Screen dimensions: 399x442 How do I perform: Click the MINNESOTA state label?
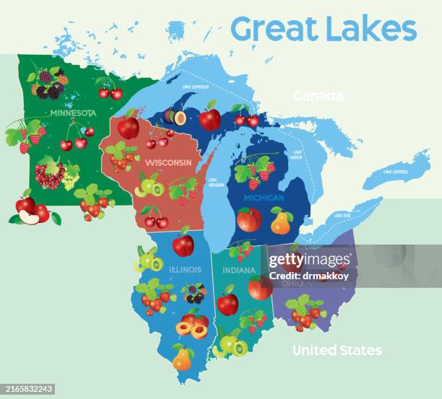[x=72, y=113]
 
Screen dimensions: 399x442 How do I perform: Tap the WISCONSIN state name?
[x=168, y=162]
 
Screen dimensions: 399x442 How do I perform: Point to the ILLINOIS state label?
[x=185, y=270]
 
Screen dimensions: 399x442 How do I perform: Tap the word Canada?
[x=318, y=96]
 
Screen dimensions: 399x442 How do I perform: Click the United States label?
[x=337, y=351]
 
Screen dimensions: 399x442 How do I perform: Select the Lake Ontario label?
[x=396, y=172]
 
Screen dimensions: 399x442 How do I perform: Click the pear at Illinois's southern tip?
[x=182, y=358]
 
